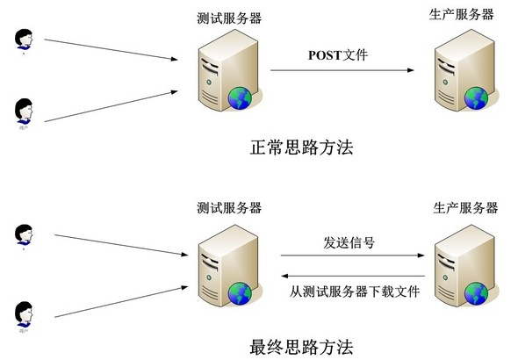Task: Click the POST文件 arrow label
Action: point(338,55)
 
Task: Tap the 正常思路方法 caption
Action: point(301,147)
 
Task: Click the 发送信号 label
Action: point(349,242)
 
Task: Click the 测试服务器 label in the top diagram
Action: point(231,18)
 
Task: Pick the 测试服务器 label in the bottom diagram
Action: point(230,208)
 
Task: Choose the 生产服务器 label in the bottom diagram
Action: point(465,208)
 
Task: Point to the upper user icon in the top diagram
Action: point(24,39)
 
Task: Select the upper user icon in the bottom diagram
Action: point(24,234)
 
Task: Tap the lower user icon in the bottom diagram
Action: point(24,313)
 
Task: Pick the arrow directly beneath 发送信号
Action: point(349,257)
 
